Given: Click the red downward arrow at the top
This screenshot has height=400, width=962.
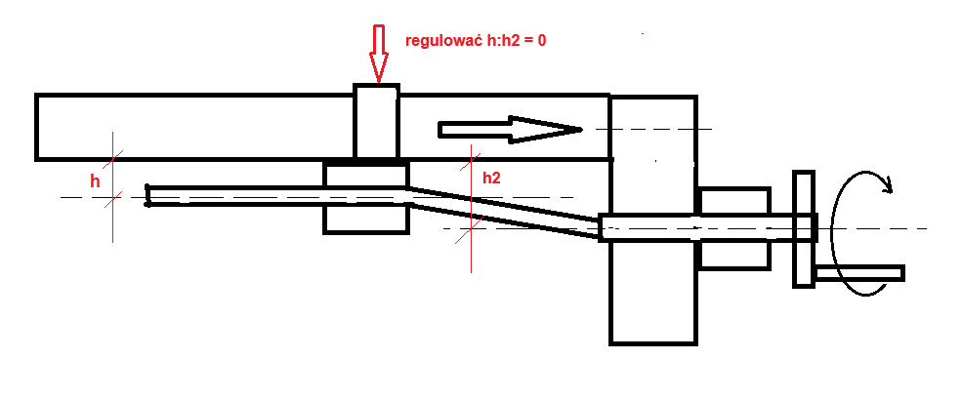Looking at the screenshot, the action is click(x=378, y=54).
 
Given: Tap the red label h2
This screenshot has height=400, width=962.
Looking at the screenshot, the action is click(x=491, y=179).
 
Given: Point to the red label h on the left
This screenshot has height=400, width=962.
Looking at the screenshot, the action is click(x=95, y=180).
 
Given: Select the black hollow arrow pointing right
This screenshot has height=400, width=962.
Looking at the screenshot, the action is click(x=510, y=129).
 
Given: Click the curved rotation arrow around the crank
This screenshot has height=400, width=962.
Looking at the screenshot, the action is click(x=833, y=233).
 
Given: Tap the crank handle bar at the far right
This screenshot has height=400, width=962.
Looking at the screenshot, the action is click(x=859, y=273).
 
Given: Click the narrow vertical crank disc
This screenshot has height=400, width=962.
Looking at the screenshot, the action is click(x=804, y=228).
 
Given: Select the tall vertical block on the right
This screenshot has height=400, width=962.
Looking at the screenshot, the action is click(x=653, y=220).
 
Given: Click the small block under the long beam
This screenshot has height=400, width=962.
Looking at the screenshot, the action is click(x=365, y=198).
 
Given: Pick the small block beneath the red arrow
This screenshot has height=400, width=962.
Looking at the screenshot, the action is click(x=377, y=121).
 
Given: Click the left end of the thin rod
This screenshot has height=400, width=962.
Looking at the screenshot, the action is click(x=147, y=195).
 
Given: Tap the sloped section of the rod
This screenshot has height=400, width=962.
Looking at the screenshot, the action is click(x=503, y=213).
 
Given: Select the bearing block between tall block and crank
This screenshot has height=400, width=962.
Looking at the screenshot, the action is click(x=734, y=228).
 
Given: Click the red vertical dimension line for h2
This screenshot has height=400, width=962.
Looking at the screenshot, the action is click(x=471, y=208).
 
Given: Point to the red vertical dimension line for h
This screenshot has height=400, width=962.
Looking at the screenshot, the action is click(x=113, y=187).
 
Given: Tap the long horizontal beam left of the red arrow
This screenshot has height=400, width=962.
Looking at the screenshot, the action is click(x=195, y=127).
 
